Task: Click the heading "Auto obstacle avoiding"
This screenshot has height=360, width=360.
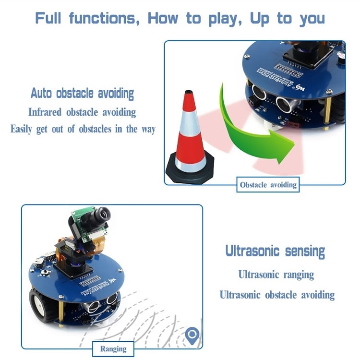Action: click(82, 93)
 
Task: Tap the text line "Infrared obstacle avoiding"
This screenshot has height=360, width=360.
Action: click(82, 112)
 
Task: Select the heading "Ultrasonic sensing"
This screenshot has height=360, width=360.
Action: click(275, 251)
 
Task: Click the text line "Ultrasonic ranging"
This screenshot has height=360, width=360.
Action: click(276, 275)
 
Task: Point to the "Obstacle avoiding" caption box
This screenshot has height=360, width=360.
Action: click(268, 185)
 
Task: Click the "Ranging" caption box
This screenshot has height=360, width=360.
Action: click(113, 349)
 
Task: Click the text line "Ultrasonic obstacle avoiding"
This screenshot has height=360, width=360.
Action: click(277, 295)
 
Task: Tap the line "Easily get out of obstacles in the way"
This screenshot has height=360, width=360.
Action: click(83, 129)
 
